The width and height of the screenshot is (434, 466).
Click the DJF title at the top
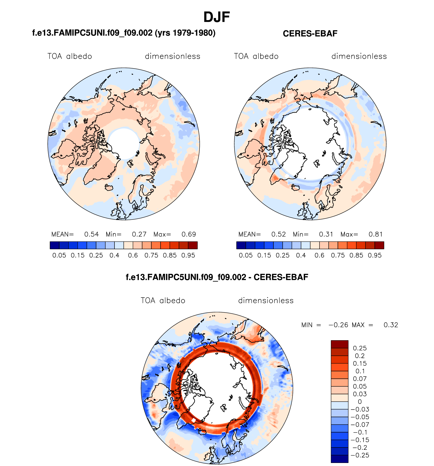216,17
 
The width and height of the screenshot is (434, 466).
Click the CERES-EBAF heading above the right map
310,33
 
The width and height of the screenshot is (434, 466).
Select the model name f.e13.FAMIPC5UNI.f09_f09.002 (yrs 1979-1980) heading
124,33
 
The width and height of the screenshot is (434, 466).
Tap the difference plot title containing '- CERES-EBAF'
217,277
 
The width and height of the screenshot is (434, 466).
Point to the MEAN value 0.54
91,234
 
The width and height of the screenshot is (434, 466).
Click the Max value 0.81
375,234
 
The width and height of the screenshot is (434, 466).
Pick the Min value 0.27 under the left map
139,234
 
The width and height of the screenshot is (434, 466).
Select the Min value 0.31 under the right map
326,234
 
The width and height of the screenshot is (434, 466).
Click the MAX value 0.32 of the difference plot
391,325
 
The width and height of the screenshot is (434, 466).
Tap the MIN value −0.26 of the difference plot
338,325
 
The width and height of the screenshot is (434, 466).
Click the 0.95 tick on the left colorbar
188,255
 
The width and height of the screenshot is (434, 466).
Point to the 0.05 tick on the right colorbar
246,255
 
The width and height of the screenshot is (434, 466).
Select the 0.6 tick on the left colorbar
133,255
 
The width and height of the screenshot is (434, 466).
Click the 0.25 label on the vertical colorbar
360,348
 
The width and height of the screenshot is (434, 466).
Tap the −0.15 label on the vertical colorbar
360,440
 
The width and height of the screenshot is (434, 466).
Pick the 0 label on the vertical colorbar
360,402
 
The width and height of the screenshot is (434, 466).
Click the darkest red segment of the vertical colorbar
340,344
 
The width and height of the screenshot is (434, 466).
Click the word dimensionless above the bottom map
266,300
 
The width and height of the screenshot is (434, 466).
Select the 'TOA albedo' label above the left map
70,56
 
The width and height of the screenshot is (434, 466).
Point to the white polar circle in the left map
124,144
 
